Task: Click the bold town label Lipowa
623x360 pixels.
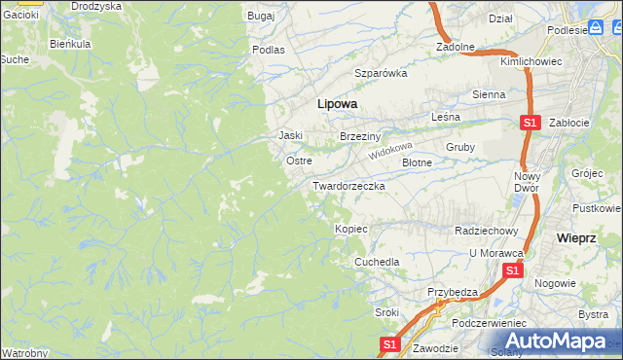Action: tap(337, 102)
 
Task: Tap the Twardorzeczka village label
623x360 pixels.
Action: tap(348, 185)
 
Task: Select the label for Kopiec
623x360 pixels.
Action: tap(350, 229)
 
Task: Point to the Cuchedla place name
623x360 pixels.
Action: tap(377, 263)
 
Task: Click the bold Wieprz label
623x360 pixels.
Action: tap(575, 237)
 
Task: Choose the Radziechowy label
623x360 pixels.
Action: tap(486, 231)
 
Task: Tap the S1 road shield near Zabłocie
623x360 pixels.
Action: tap(530, 124)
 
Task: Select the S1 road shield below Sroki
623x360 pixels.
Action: tap(389, 343)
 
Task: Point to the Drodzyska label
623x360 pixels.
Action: tap(96, 6)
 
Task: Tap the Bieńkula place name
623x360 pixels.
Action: tap(70, 45)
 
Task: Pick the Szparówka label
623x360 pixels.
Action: tap(380, 73)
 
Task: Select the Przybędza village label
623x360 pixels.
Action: tap(453, 292)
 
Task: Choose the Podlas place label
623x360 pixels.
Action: tap(268, 49)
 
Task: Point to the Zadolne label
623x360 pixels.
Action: tap(455, 46)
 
